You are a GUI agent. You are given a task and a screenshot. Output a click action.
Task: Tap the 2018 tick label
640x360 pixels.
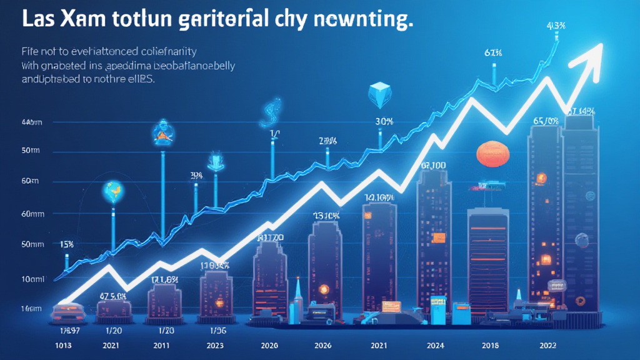[x=491, y=344]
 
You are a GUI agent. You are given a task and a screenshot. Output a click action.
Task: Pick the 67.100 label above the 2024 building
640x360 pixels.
[x=433, y=166]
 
